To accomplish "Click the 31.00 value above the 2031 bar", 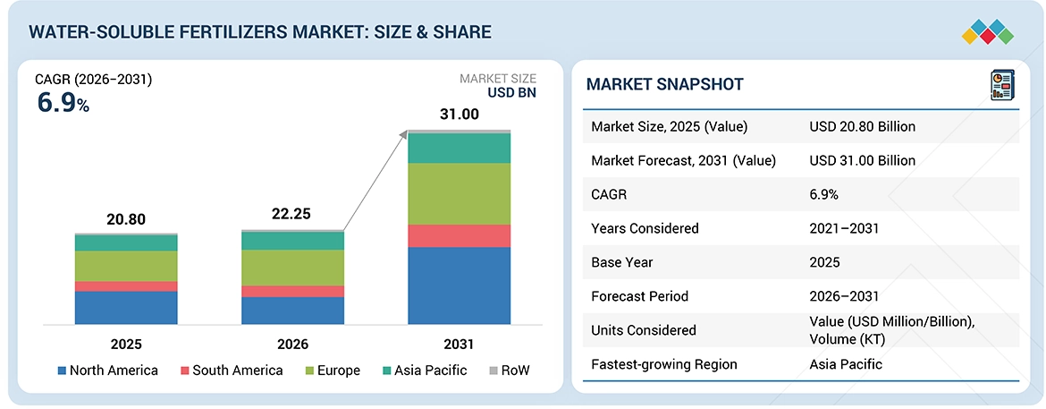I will pos(459,115).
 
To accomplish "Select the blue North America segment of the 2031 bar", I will pos(459,285).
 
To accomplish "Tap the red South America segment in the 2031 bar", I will pos(459,235).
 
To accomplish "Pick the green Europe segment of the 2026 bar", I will pos(292,268).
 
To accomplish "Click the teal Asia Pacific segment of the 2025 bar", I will pos(126,243).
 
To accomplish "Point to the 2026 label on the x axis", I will pos(292,344).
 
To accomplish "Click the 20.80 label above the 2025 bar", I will pos(126,219).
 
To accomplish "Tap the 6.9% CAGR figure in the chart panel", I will pos(63,103).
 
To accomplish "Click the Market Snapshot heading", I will pos(664,84).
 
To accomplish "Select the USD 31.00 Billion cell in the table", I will pos(862,160).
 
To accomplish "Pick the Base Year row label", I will pos(622,262).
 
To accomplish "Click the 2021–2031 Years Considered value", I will pos(843,228).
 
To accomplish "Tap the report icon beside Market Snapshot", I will pos(1001,85).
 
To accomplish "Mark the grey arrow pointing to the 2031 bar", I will pos(375,179).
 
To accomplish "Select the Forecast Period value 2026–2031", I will pos(843,296).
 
